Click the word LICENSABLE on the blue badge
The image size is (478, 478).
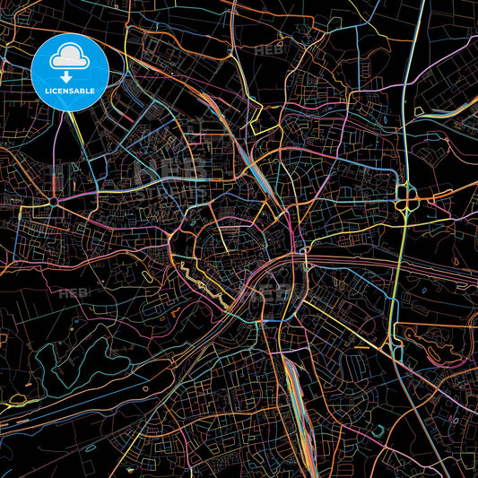[69, 91]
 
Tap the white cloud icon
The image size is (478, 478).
[69, 59]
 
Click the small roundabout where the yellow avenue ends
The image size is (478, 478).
[55, 202]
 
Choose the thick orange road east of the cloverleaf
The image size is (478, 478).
[448, 192]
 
